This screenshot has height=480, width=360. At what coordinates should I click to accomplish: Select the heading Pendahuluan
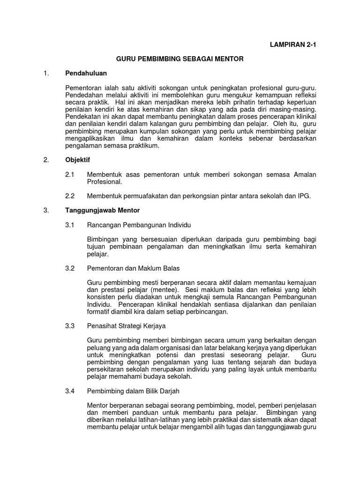pyautogui.click(x=86, y=74)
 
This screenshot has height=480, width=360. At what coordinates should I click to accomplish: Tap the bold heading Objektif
pyautogui.click(x=77, y=160)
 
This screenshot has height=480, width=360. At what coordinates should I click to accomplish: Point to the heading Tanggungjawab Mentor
pyautogui.click(x=102, y=210)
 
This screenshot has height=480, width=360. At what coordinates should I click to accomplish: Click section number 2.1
pyautogui.click(x=70, y=174)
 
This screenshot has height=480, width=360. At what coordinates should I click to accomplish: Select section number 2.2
pyautogui.click(x=70, y=196)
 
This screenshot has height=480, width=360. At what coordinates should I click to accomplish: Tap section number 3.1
pyautogui.click(x=70, y=225)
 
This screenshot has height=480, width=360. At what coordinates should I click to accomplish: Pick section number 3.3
pyautogui.click(x=70, y=325)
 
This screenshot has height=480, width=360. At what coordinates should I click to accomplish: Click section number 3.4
pyautogui.click(x=70, y=390)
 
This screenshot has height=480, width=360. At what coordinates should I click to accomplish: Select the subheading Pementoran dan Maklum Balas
pyautogui.click(x=134, y=268)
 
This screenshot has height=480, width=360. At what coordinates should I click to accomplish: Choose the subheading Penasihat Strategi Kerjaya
pyautogui.click(x=127, y=325)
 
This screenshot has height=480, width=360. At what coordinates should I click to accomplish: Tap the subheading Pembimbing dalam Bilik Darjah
pyautogui.click(x=133, y=390)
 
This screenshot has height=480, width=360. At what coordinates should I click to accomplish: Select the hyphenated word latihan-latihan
pyautogui.click(x=152, y=420)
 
